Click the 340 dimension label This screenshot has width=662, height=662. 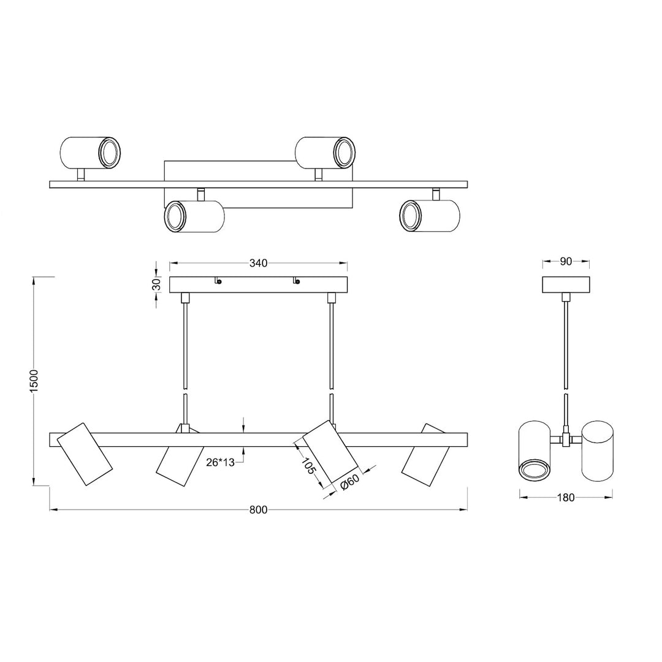(x=258, y=263)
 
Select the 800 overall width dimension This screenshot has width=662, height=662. (x=258, y=510)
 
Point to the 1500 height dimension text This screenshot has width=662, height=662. (x=34, y=381)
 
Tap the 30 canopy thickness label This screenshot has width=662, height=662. (x=156, y=284)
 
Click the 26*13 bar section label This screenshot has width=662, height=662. (x=219, y=463)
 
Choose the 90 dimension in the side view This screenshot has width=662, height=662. (x=566, y=262)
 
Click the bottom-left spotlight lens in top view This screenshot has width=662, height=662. (x=175, y=217)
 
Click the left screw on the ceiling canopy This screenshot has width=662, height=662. (x=219, y=282)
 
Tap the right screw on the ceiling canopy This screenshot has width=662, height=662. (x=297, y=282)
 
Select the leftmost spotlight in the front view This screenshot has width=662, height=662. (x=85, y=454)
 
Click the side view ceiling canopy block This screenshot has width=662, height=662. (x=566, y=285)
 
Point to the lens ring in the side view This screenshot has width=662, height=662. (x=535, y=471)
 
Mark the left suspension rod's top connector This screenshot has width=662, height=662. (x=185, y=299)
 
